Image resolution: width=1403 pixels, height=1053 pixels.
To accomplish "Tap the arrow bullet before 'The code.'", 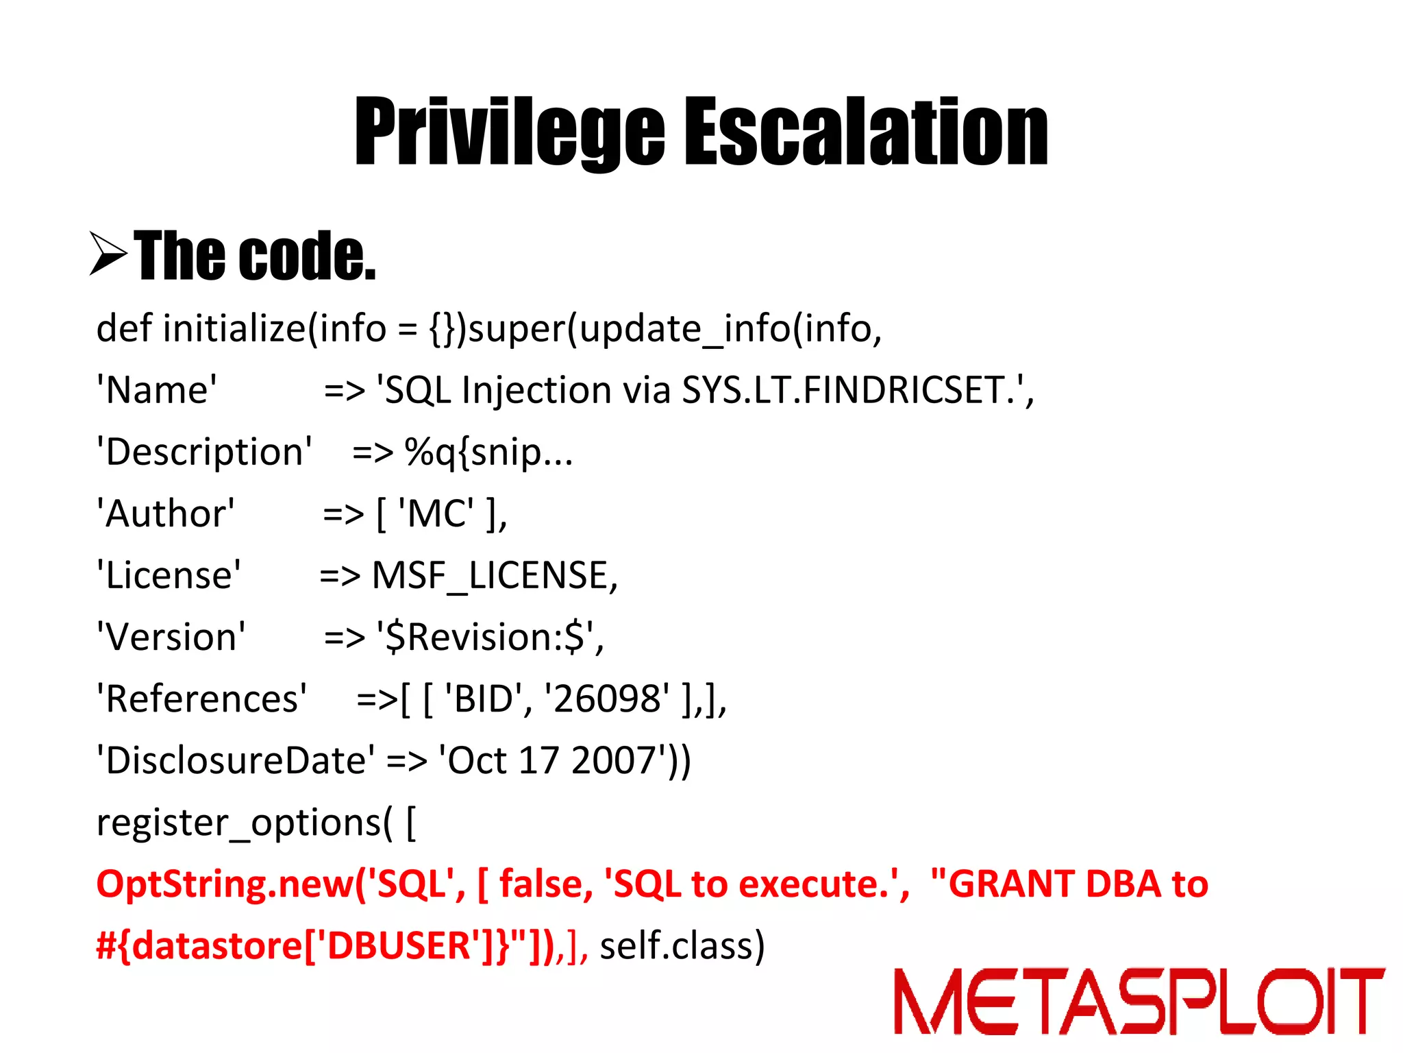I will click(x=108, y=254).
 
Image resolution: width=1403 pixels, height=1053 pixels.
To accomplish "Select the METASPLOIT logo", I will click(x=1139, y=1000).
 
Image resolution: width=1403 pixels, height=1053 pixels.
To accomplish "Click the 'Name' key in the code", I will click(x=157, y=390).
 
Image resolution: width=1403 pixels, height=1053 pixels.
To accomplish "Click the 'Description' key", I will click(x=204, y=452).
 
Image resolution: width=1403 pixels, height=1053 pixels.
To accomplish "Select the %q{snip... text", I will click(x=488, y=453).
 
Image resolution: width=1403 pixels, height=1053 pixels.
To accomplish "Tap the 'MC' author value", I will click(x=436, y=513).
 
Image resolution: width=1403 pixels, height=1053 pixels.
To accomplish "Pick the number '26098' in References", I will click(x=607, y=699).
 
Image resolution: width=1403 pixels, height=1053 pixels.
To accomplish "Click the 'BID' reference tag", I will click(x=484, y=699).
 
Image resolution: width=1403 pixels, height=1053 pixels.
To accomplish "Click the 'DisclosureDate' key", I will click(x=236, y=761).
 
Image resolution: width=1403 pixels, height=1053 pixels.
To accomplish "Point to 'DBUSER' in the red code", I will click(x=399, y=946).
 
